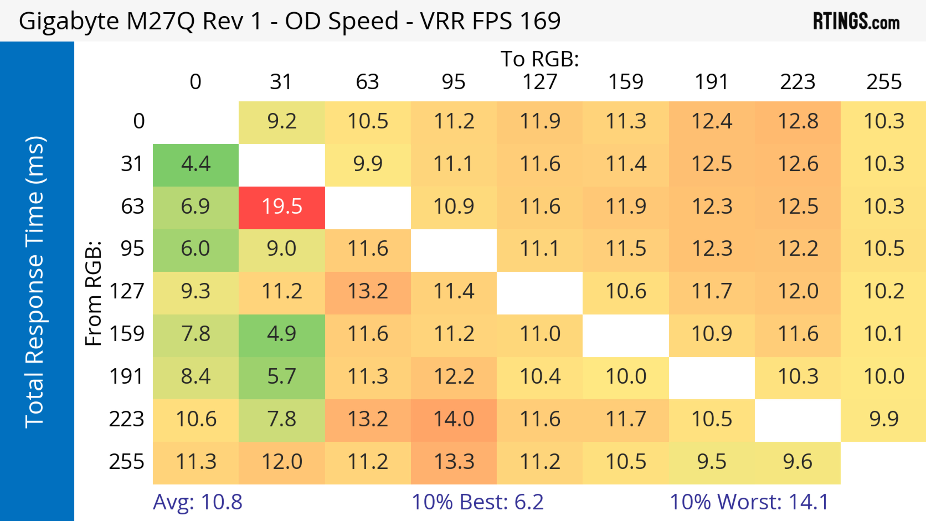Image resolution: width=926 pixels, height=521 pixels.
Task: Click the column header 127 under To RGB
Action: point(540,82)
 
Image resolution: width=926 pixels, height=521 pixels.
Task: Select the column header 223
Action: point(798,82)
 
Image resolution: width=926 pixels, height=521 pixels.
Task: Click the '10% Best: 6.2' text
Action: point(477,502)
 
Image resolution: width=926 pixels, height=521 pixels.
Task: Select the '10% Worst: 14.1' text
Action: point(749,502)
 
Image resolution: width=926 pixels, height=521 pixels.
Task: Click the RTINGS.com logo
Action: point(856,21)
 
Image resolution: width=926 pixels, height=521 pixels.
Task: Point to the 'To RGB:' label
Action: point(540,59)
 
